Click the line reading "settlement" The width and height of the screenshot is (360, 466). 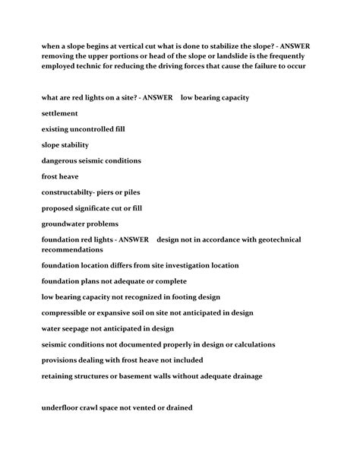coord(60,113)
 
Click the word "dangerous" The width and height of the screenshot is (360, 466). coord(62,160)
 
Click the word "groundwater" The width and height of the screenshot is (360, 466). coord(68,223)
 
